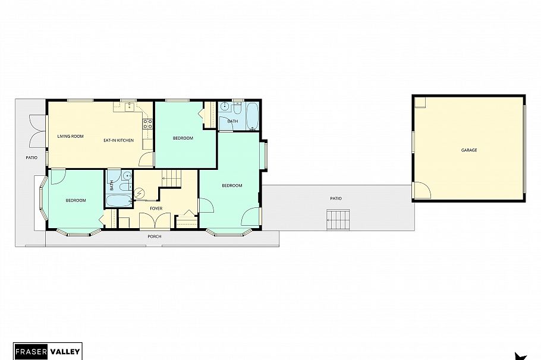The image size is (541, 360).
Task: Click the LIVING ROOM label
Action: pyautogui.click(x=70, y=137)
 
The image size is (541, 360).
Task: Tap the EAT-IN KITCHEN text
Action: pyautogui.click(x=118, y=140)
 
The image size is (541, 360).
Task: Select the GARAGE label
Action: pyautogui.click(x=469, y=150)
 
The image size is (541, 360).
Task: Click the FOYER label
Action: pyautogui.click(x=156, y=209)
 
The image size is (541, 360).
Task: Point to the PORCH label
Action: pyautogui.click(x=154, y=236)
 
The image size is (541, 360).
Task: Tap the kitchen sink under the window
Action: pyautogui.click(x=129, y=106)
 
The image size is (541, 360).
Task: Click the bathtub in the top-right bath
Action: pyautogui.click(x=251, y=115)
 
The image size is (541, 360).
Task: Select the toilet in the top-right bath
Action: pyautogui.click(x=237, y=108)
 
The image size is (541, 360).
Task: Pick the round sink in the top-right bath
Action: pyautogui.click(x=224, y=108)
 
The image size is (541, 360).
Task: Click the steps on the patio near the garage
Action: pyautogui.click(x=337, y=220)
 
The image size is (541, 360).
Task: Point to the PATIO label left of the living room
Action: pyautogui.click(x=32, y=158)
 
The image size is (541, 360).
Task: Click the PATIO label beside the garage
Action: pyautogui.click(x=336, y=198)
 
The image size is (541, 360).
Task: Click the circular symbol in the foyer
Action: pyautogui.click(x=140, y=193)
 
